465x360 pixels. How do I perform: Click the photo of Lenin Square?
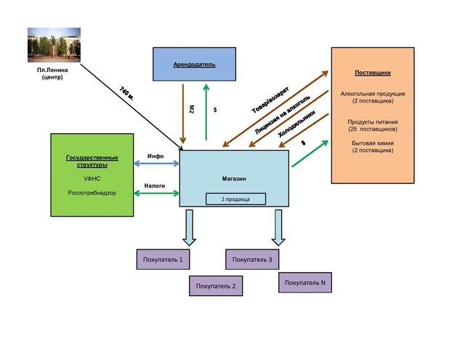point(52,44)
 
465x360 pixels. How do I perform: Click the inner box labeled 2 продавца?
point(234,199)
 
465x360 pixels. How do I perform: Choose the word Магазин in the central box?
point(234,178)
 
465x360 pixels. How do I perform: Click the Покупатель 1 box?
point(164,259)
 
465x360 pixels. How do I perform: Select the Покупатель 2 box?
point(217,286)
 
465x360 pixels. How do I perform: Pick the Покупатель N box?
point(305,282)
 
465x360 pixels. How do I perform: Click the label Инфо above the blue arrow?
point(155,156)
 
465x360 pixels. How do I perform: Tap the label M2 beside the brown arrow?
point(192,108)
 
